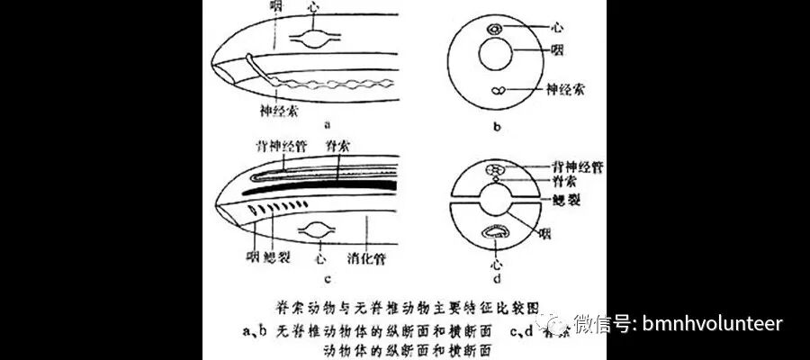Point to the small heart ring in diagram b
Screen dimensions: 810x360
click(x=495, y=30)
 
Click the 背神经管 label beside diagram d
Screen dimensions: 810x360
click(x=579, y=167)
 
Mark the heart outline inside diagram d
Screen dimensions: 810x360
click(x=496, y=232)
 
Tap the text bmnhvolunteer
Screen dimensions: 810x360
click(x=714, y=323)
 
